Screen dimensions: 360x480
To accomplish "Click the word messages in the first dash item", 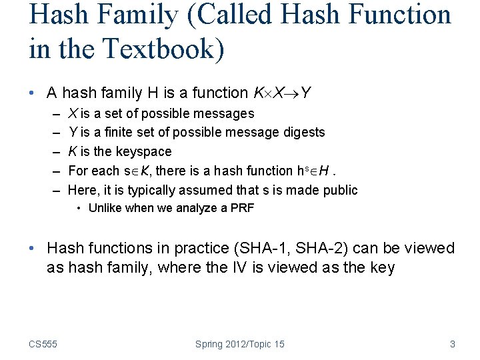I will (223, 113).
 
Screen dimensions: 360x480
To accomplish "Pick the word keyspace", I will (141, 151).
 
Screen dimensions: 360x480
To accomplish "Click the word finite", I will (119, 132).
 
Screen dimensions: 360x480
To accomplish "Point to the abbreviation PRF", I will (241, 208).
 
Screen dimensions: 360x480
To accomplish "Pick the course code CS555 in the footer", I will (43, 344).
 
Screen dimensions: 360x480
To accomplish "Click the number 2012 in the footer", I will (238, 344).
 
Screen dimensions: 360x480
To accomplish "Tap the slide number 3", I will (453, 344).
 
